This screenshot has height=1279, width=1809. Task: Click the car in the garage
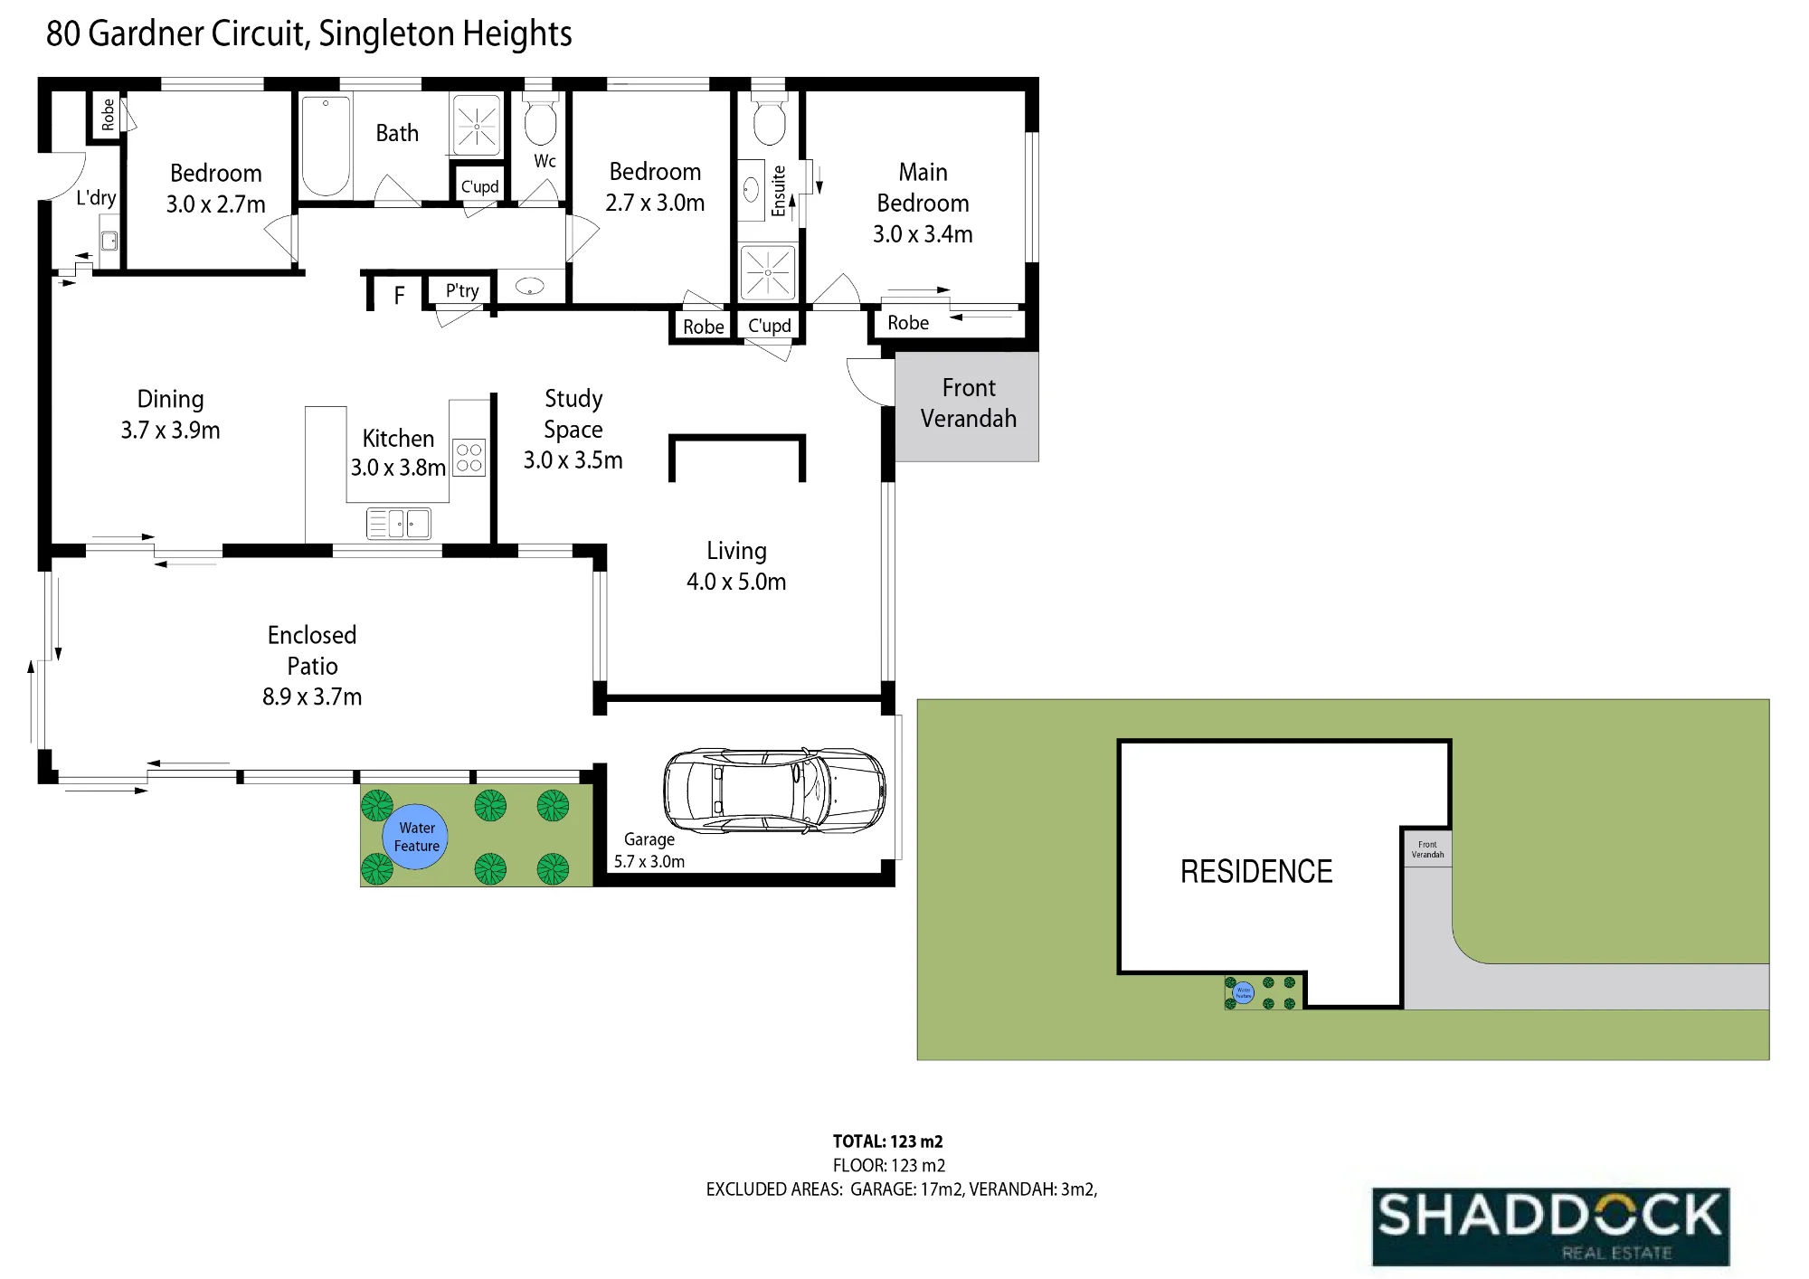click(774, 789)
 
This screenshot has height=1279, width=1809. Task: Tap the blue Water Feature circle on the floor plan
click(416, 837)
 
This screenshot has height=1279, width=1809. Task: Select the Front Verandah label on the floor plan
click(969, 403)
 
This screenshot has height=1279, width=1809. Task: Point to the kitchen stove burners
click(469, 458)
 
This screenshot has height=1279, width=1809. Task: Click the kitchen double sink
click(399, 524)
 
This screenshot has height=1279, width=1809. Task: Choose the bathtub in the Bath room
click(326, 147)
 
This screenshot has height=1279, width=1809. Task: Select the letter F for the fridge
click(399, 296)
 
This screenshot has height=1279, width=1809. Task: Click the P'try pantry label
click(462, 290)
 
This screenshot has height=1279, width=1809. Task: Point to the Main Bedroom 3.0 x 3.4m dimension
click(923, 234)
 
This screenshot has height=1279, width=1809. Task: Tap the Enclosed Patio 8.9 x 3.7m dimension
click(312, 696)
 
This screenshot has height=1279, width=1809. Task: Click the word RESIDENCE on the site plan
click(1256, 872)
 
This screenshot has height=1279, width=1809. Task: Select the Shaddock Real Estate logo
click(1550, 1227)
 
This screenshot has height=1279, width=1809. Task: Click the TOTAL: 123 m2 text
click(887, 1142)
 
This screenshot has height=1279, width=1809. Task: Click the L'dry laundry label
click(96, 198)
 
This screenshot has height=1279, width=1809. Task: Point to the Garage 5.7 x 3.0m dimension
click(649, 861)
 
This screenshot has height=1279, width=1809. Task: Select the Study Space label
click(573, 414)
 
